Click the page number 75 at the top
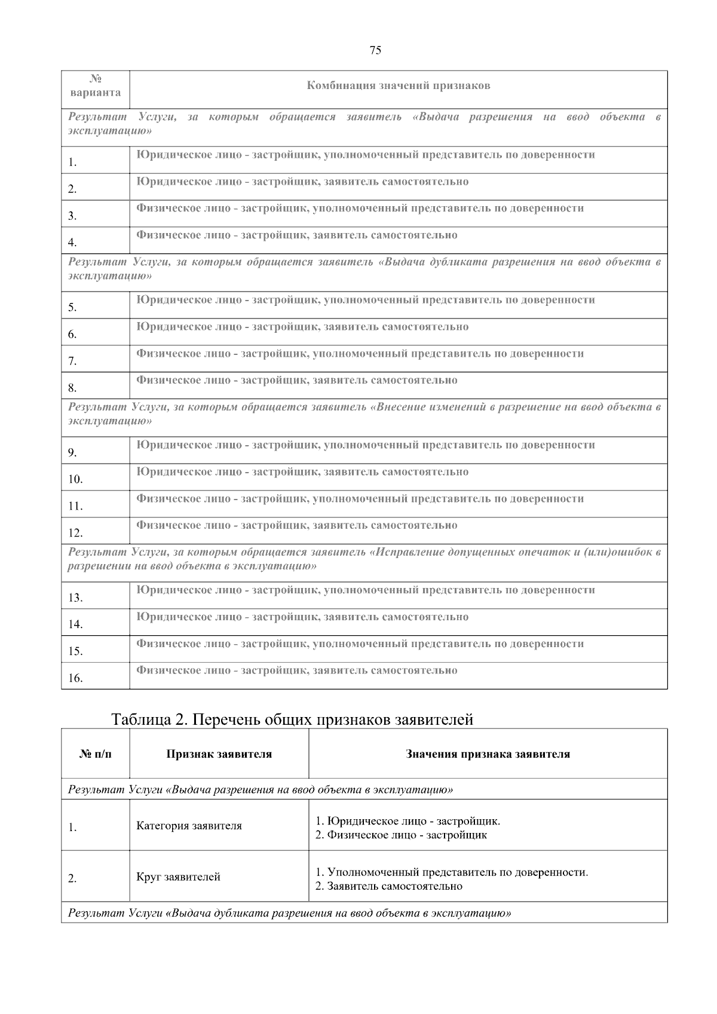(x=375, y=51)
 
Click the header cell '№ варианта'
(x=95, y=86)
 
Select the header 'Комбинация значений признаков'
(x=398, y=86)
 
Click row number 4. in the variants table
(x=72, y=243)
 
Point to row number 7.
(x=72, y=361)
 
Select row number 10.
(x=75, y=479)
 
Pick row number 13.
(x=75, y=598)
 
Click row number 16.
(x=75, y=678)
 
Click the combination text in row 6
(x=302, y=327)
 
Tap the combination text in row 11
(x=360, y=499)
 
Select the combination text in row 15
(x=360, y=644)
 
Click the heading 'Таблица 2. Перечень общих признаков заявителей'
(x=292, y=720)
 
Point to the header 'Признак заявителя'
(x=219, y=754)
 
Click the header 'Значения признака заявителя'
(x=488, y=754)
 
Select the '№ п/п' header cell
(x=95, y=754)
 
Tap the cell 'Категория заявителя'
(x=189, y=826)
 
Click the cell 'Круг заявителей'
(x=178, y=877)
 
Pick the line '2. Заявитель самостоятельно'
(x=389, y=886)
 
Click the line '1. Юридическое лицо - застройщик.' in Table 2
(x=407, y=821)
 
